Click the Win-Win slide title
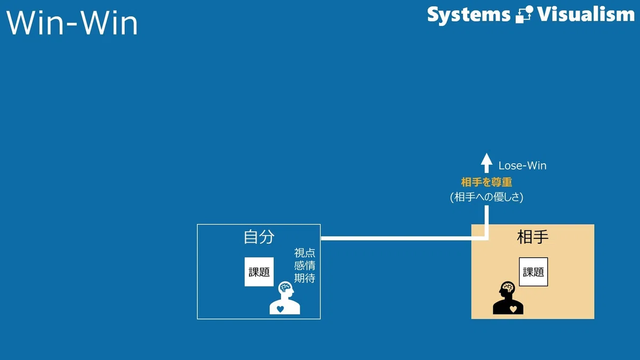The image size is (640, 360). (72, 23)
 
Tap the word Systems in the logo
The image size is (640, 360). (469, 15)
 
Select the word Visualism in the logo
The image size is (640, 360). (586, 14)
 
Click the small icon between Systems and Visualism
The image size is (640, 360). (524, 14)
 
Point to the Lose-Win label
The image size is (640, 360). (522, 166)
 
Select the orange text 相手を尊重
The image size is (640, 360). (486, 182)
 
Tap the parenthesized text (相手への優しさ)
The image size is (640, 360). (486, 197)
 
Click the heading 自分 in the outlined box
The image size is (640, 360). (259, 237)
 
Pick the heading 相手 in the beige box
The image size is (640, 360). (533, 237)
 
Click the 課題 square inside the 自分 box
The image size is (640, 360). (259, 271)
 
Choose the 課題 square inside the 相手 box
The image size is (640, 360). (533, 271)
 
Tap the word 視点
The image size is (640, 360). (305, 253)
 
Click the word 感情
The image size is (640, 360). (305, 266)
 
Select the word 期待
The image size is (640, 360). (305, 278)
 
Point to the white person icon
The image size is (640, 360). (285, 298)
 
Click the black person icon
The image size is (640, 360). (508, 298)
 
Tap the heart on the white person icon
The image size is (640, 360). (281, 309)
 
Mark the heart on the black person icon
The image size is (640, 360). (513, 309)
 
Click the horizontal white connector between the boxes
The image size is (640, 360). (403, 238)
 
